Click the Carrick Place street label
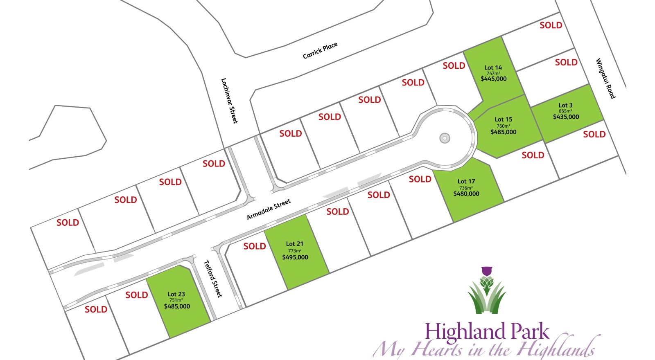tap(320, 51)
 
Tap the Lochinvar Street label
tap(229, 101)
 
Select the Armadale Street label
tap(269, 209)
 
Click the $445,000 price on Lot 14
tap(493, 79)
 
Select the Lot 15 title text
tap(503, 119)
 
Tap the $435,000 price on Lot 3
tap(566, 117)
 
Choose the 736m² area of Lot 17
tap(466, 188)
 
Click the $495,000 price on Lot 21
tap(295, 257)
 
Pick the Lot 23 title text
tap(176, 294)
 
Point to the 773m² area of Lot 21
tap(294, 250)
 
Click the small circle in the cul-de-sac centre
tap(445, 138)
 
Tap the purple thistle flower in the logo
tap(486, 271)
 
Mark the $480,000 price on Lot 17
tap(466, 194)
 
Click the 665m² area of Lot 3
tap(565, 111)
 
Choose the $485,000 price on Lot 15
tap(503, 132)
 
